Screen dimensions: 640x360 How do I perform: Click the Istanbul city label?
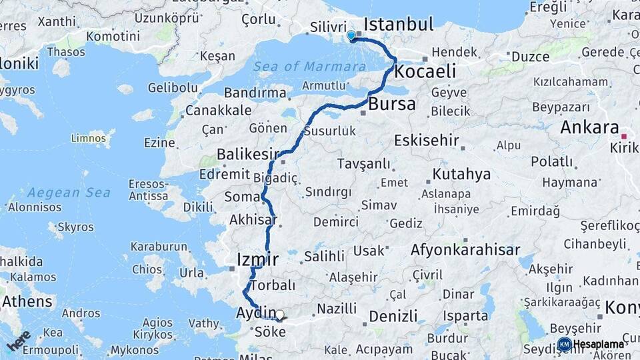coord(398,25)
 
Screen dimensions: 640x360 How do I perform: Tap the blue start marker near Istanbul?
coord(351,35)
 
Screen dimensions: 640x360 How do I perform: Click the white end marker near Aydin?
coord(280,315)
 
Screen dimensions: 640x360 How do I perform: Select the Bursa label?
coord(392,104)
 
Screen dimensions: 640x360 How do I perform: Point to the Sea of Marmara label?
coord(309,66)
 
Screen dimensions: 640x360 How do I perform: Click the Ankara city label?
coord(590,127)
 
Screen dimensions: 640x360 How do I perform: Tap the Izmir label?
coord(257,259)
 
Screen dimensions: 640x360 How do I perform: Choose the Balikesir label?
coord(247,155)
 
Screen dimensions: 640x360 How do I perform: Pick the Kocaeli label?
coord(425,71)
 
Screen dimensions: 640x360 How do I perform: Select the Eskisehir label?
coord(427,141)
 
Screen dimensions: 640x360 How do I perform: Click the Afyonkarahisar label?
coord(465,250)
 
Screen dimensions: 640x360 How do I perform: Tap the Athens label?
coord(27,301)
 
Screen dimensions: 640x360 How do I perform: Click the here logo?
coord(19,340)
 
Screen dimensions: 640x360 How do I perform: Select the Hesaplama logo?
coord(592,344)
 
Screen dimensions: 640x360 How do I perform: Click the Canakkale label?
coord(219,110)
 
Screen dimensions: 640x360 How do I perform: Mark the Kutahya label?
coord(461,175)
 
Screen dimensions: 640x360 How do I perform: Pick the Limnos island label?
coord(88,138)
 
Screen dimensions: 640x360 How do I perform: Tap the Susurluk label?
coord(331,131)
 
